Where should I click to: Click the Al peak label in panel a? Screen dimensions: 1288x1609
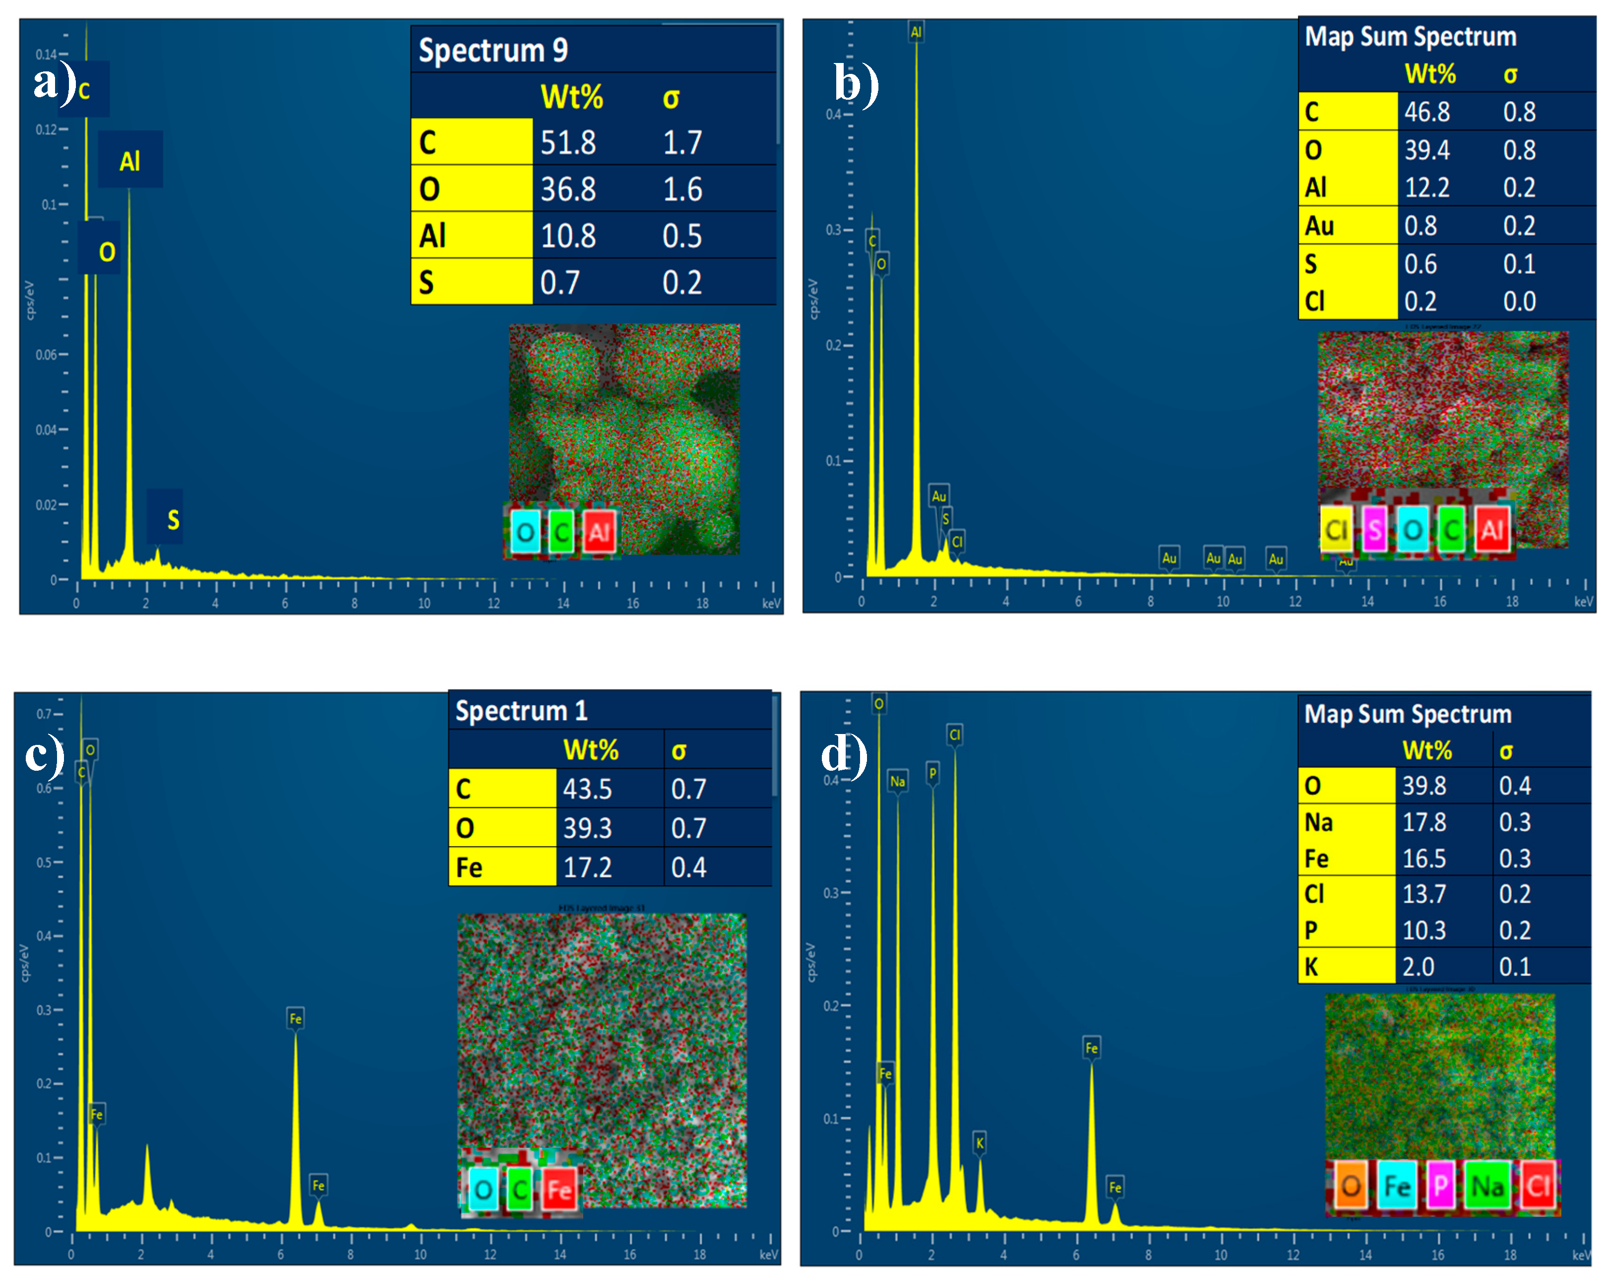130,160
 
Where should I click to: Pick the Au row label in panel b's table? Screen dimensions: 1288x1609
1319,225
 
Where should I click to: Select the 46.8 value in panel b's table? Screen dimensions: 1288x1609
1427,112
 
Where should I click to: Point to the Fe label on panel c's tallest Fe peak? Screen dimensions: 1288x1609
296,1019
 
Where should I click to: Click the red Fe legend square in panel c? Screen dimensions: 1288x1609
559,1189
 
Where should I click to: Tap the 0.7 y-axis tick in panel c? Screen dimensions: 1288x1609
45,714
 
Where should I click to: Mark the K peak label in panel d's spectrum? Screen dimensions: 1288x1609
980,1143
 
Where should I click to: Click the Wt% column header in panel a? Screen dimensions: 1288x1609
572,97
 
